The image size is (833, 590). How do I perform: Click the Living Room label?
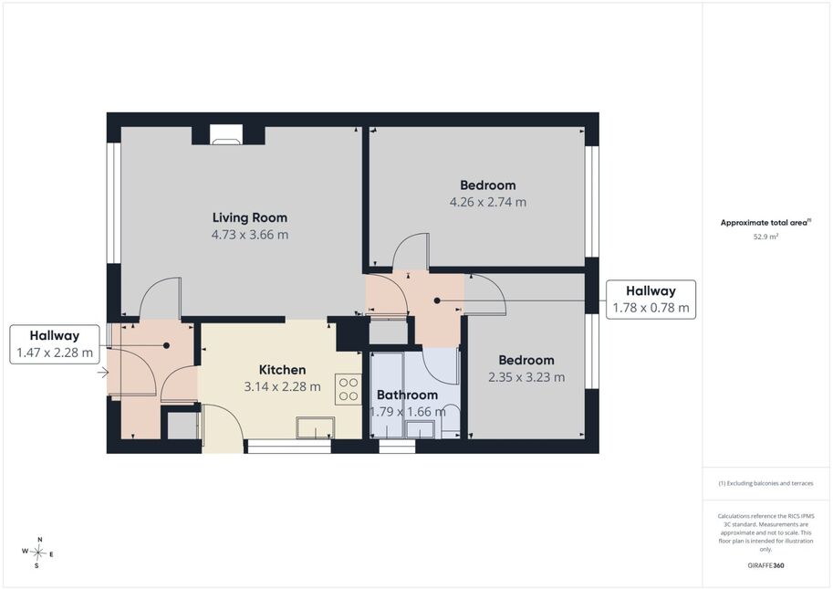[x=250, y=217]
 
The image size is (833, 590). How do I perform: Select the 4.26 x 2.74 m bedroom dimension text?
[x=488, y=202]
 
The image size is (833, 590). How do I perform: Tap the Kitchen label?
[x=282, y=370]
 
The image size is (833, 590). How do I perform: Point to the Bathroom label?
[x=408, y=395]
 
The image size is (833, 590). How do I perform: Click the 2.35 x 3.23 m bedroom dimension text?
[x=526, y=377]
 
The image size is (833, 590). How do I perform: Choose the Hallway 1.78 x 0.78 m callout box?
[x=651, y=300]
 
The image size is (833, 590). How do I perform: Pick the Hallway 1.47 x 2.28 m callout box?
[x=55, y=344]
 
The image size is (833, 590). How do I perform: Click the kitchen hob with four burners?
[x=349, y=389]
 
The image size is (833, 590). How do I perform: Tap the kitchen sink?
[x=316, y=427]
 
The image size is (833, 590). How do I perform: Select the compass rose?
[x=38, y=553]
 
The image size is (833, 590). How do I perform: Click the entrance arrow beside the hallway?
[x=103, y=374]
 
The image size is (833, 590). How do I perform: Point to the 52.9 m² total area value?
[x=765, y=237]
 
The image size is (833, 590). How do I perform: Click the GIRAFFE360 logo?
[x=765, y=565]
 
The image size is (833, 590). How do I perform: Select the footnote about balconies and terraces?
[x=765, y=483]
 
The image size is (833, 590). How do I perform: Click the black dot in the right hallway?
[x=437, y=300]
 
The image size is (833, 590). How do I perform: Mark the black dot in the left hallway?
[x=166, y=345]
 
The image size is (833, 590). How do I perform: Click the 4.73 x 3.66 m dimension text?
[x=250, y=235]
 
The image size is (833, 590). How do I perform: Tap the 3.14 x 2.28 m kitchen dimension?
[x=282, y=386]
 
